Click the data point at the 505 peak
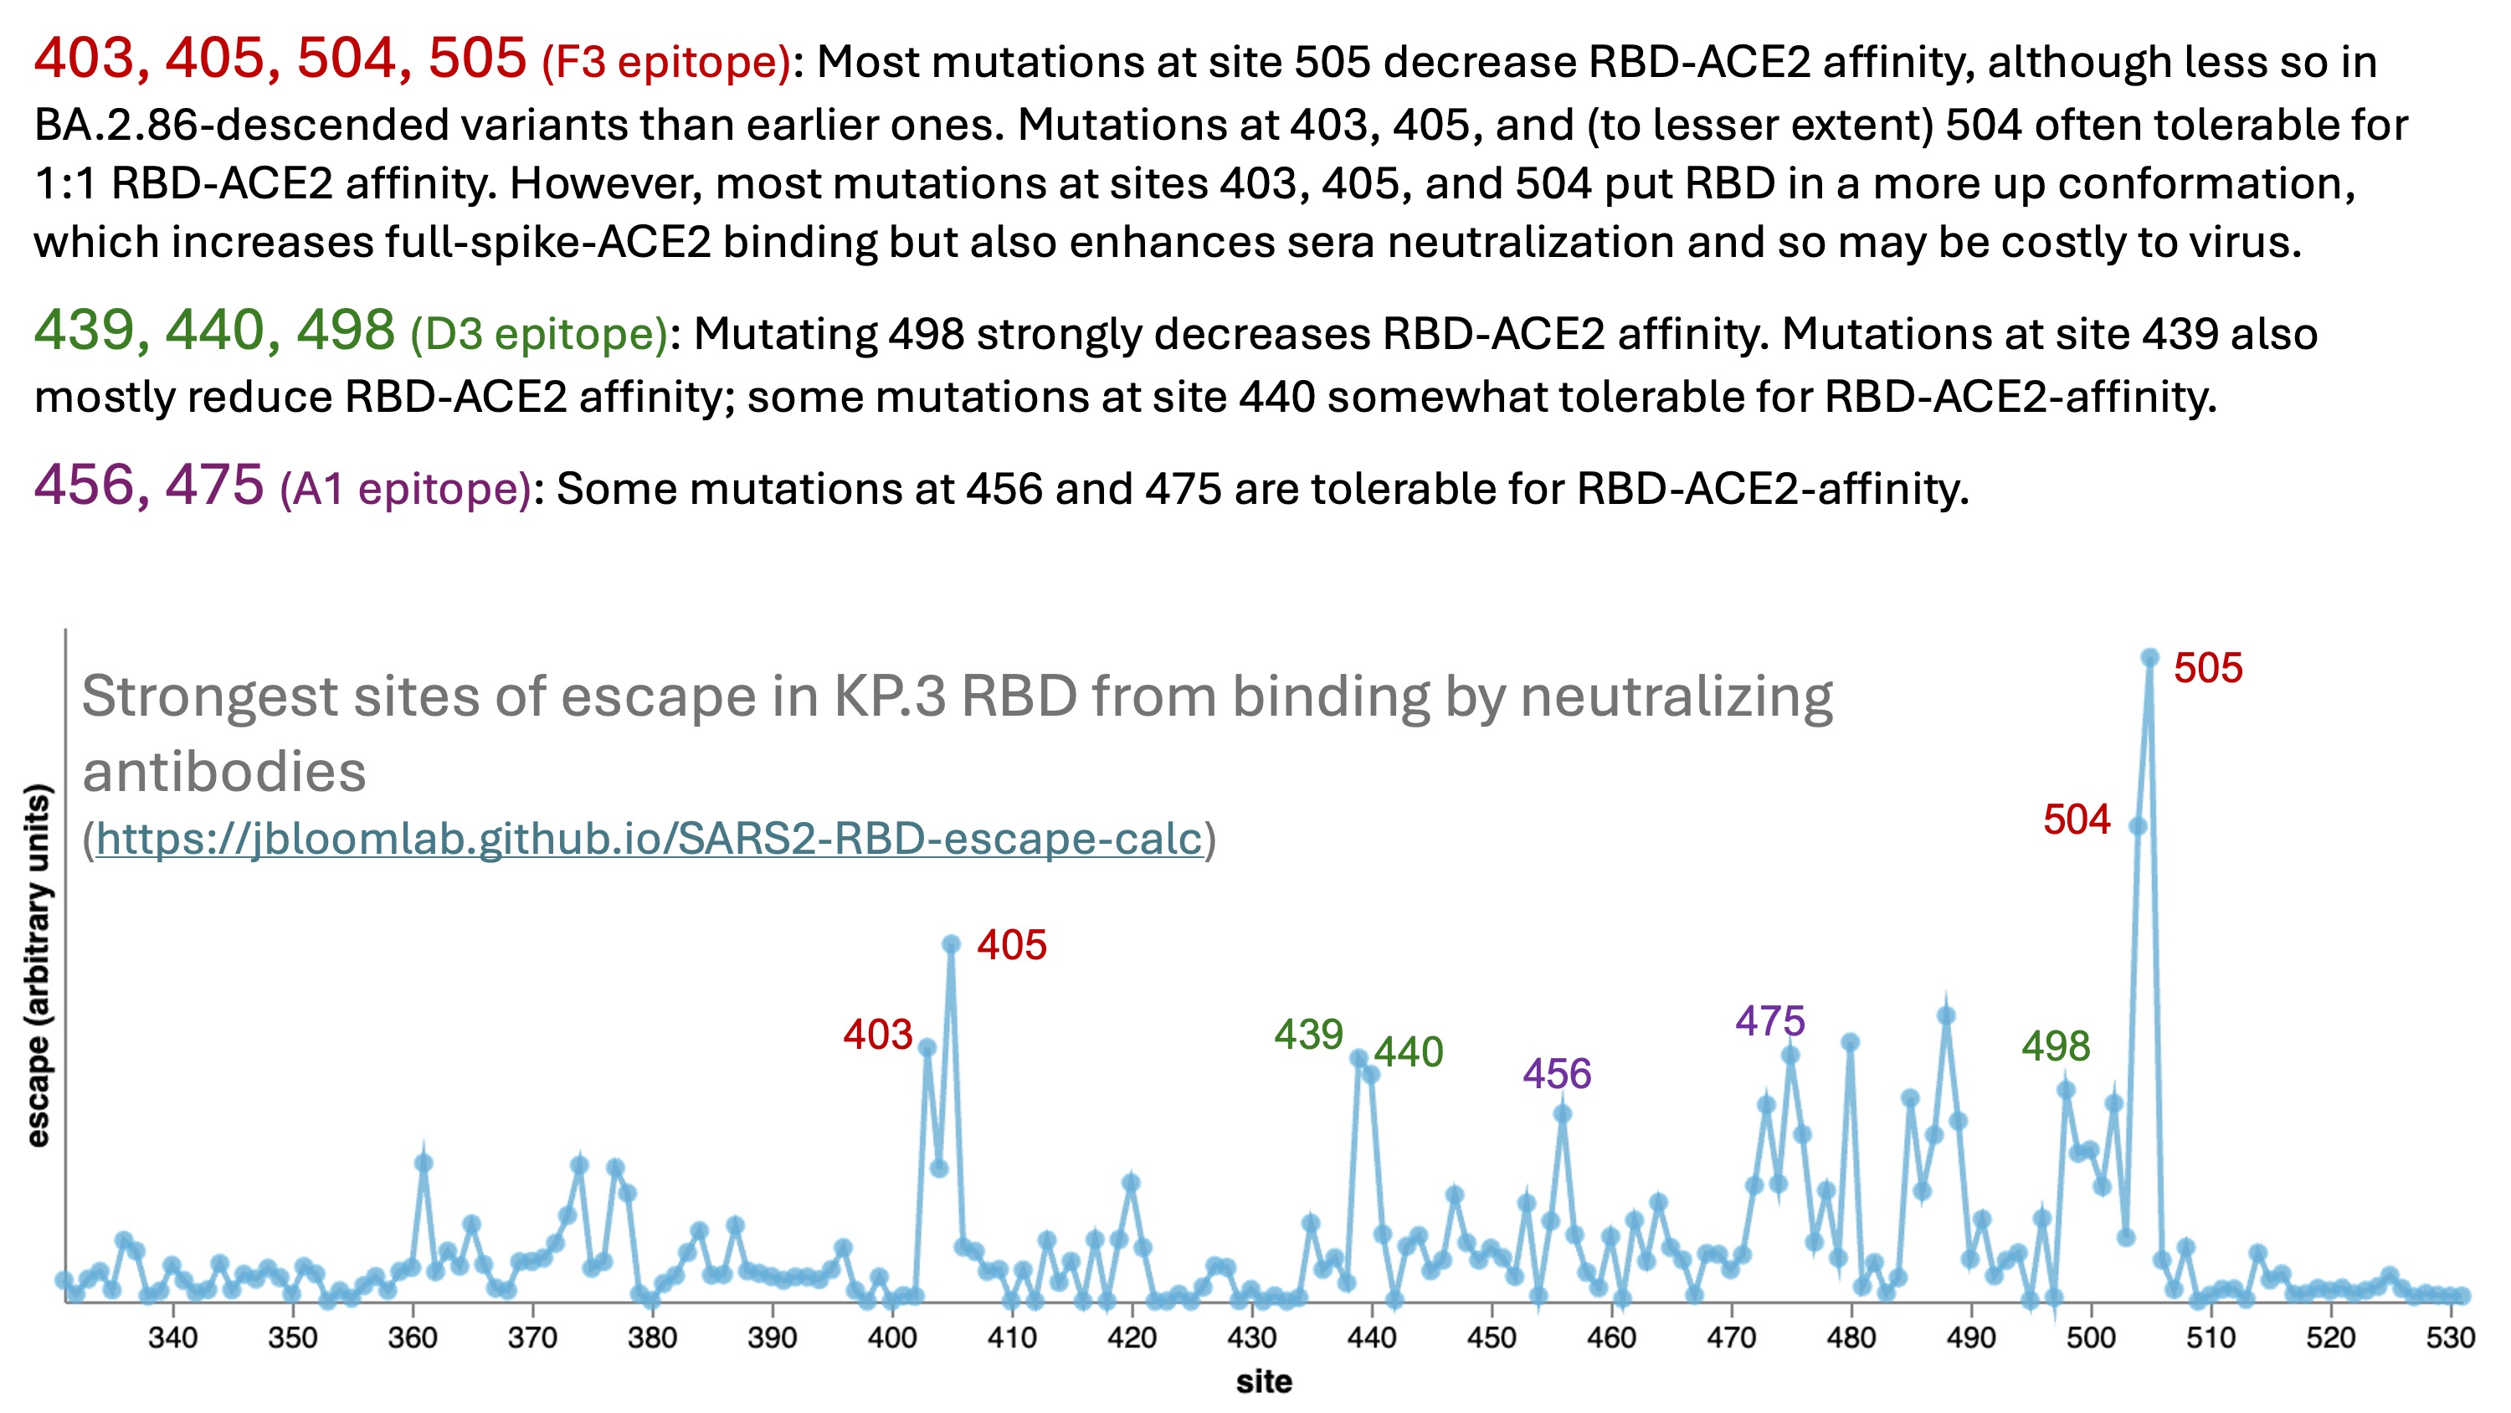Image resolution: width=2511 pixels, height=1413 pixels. point(2149,657)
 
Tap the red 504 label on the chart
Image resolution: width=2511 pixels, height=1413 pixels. point(2077,820)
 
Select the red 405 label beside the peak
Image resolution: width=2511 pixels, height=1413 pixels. point(1012,945)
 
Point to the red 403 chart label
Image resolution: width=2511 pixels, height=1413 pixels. point(877,1035)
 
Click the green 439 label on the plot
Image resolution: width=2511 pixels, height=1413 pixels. point(1308,1035)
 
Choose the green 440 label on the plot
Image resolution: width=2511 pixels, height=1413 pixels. point(1408,1052)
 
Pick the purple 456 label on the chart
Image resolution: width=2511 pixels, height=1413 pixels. point(1557,1074)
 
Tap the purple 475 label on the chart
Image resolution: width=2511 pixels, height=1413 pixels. point(1770,1021)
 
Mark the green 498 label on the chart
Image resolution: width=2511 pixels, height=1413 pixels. point(2056,1046)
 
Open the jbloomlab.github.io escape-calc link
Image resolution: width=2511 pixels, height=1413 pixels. point(648,839)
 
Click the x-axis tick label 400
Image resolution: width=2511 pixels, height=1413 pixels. point(891,1337)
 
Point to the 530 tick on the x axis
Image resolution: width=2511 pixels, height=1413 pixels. point(2450,1337)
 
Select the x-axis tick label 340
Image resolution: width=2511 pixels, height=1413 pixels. point(172,1337)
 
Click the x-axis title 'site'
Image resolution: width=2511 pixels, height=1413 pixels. point(1264,1382)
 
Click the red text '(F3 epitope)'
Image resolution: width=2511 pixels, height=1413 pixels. point(665,63)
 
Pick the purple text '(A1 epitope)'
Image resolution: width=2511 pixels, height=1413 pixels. point(405,489)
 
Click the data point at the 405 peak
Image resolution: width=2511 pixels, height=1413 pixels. point(952,944)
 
